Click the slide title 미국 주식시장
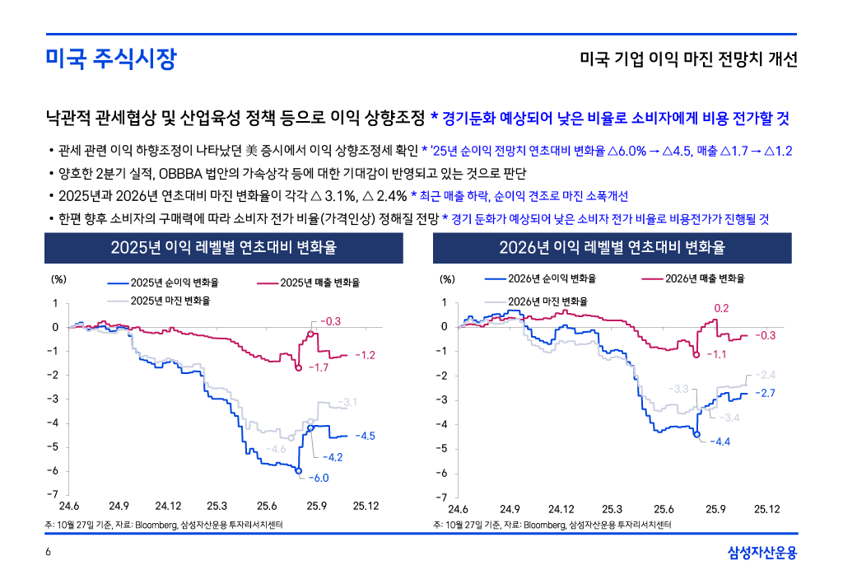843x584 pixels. click(110, 60)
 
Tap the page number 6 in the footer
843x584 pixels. click(49, 553)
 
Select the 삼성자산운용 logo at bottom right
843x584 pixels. click(762, 553)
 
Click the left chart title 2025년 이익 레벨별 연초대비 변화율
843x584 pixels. click(223, 248)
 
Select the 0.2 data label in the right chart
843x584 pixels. click(721, 308)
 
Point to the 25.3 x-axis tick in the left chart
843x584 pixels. click(217, 506)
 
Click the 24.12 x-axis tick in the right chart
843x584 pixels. click(561, 508)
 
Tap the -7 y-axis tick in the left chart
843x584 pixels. click(54, 494)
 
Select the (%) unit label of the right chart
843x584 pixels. click(447, 279)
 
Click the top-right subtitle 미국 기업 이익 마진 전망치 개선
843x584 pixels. click(688, 60)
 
